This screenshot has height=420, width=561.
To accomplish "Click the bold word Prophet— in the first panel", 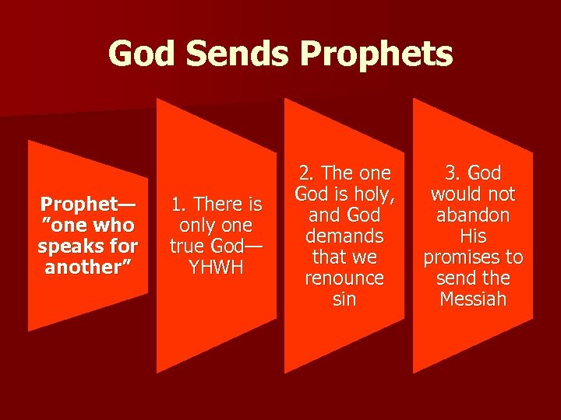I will (x=87, y=205).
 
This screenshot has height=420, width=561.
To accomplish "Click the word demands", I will (x=344, y=236).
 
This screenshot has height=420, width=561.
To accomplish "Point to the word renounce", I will (x=344, y=278).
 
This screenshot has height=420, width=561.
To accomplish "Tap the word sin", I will (x=344, y=299).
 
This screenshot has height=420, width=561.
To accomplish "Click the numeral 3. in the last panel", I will (x=452, y=173).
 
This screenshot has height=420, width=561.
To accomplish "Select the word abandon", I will (x=473, y=215).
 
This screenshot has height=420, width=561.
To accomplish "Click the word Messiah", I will (x=473, y=299).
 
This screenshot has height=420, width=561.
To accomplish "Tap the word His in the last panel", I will (x=473, y=236).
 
